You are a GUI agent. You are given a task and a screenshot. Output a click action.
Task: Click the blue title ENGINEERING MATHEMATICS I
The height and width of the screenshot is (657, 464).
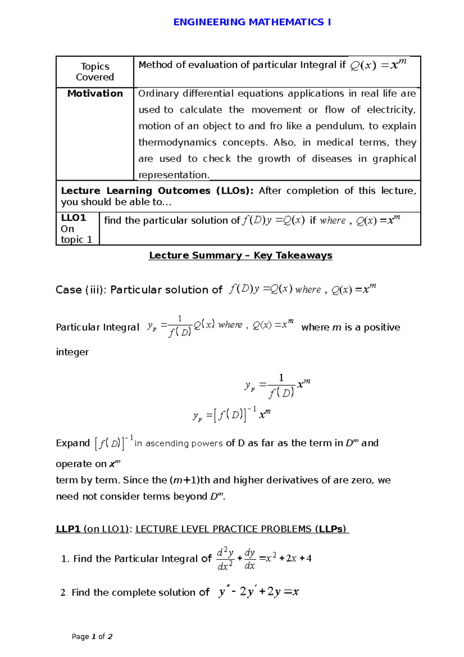[x=252, y=22]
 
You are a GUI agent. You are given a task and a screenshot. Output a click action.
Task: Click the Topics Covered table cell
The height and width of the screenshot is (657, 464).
[x=95, y=72]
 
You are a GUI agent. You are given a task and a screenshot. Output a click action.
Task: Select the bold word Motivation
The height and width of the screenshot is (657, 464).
[x=95, y=94]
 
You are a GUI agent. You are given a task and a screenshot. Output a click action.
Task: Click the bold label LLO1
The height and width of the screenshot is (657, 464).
[x=73, y=218]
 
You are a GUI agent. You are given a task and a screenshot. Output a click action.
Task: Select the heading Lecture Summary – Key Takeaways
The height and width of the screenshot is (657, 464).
[x=241, y=255]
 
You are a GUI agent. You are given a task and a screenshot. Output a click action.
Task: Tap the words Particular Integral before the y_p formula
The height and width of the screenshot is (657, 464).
[x=97, y=327]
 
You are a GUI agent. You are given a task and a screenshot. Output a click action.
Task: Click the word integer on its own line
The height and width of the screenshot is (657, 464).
[x=72, y=352]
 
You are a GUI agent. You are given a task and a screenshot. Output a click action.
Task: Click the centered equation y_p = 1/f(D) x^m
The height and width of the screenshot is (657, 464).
[x=277, y=386]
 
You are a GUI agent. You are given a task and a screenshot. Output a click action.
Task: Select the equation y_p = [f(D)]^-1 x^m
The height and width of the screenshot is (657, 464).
[x=231, y=415]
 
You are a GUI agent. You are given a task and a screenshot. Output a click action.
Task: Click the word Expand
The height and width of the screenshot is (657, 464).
[x=73, y=443]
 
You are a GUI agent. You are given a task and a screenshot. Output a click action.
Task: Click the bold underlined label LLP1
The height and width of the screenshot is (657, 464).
[x=68, y=529]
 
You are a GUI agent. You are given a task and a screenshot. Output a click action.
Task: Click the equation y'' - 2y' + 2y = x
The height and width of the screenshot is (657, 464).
[x=259, y=592]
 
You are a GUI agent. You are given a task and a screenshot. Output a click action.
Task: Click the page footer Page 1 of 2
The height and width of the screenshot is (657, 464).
[x=92, y=636]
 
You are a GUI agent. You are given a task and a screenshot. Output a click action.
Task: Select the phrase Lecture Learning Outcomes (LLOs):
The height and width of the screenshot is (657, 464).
[x=157, y=191]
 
